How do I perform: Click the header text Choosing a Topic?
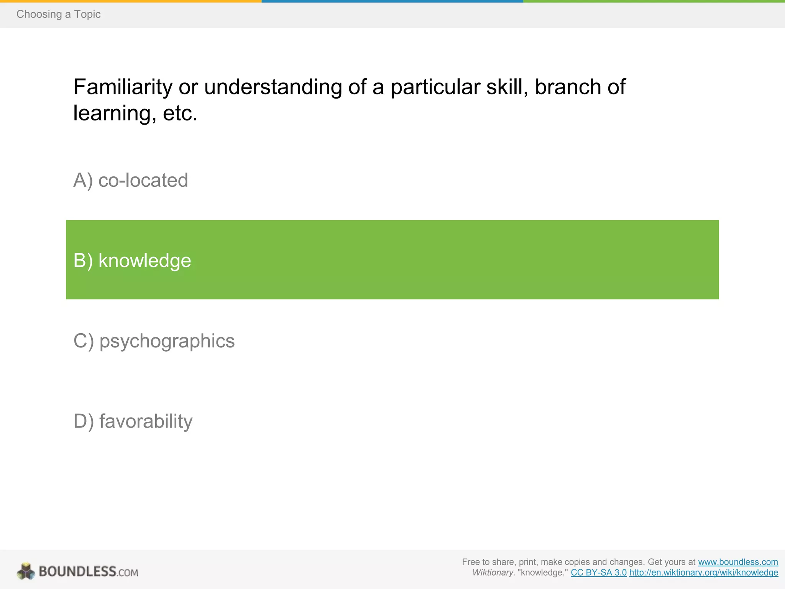[58, 14]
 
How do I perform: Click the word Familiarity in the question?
[123, 87]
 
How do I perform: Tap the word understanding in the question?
[273, 87]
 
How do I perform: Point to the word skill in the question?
[507, 87]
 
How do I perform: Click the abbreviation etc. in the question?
[180, 114]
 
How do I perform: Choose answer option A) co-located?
[130, 180]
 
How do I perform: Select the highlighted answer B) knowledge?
[132, 260]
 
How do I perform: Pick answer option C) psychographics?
[154, 341]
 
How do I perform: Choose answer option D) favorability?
[133, 421]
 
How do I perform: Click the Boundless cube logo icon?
[26, 571]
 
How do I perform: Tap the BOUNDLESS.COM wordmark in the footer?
[88, 572]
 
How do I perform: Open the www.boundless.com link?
[738, 562]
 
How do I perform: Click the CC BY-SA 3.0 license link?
[598, 573]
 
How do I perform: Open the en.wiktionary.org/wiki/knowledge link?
[703, 573]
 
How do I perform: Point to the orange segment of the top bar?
[130, 1]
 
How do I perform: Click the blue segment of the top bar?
[392, 1]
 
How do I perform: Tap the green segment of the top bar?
[654, 1]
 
